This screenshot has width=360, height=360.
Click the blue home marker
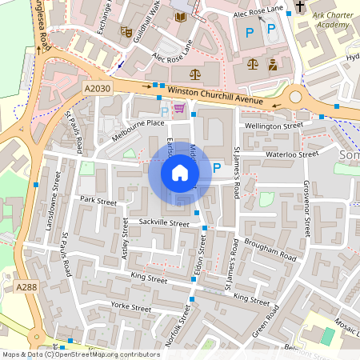179,173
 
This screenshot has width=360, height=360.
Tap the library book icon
180,17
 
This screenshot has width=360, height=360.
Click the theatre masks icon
126,31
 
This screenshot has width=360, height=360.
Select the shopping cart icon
179,108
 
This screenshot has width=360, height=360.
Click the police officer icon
273,64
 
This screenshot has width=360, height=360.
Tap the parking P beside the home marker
218,168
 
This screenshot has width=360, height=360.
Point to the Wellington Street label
274,126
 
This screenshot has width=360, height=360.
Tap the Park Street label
98,202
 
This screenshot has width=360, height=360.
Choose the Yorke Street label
131,307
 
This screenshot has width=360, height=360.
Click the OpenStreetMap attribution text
80,354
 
